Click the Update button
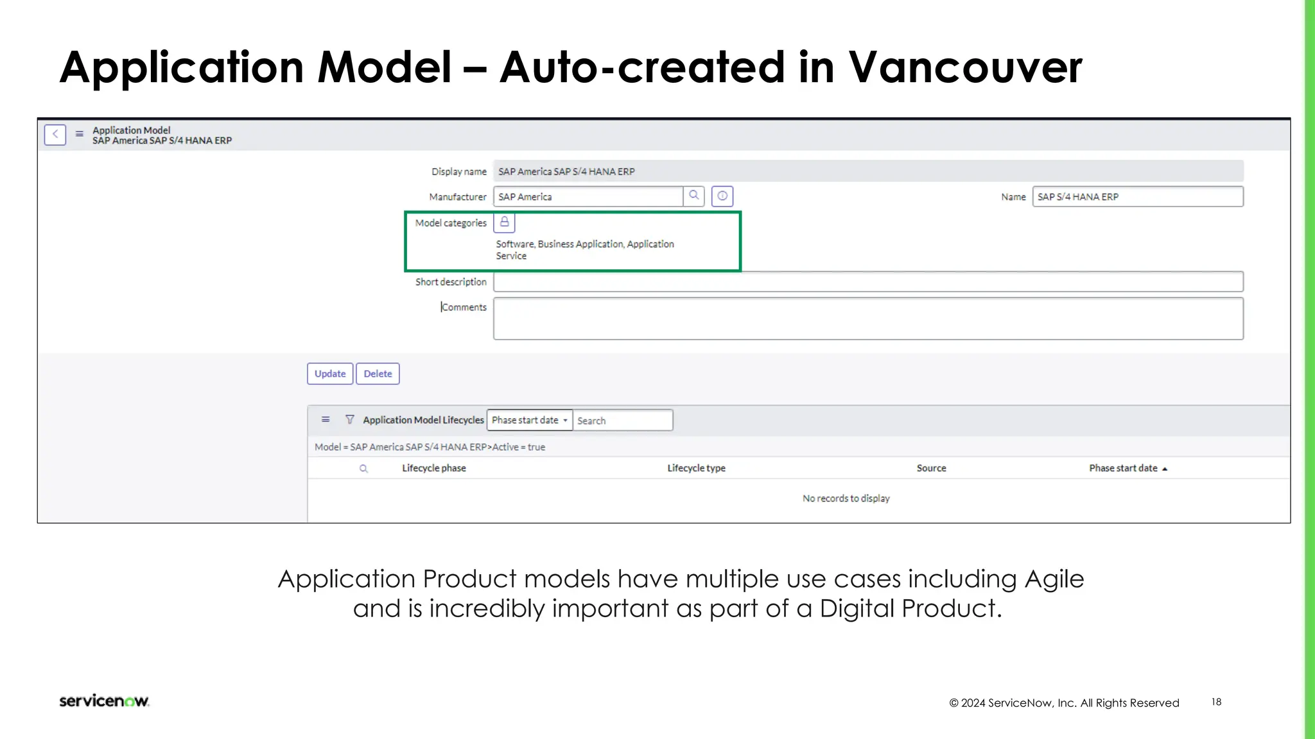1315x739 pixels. (x=330, y=374)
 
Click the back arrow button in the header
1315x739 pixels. (x=55, y=135)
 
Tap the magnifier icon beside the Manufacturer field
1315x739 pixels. (x=693, y=196)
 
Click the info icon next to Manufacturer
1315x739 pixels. (x=722, y=196)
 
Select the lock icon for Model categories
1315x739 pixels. (x=505, y=223)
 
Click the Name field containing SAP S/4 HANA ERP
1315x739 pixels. (x=1137, y=197)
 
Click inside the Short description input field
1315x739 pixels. (x=868, y=282)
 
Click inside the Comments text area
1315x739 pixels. (x=868, y=319)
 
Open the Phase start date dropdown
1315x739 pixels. (x=530, y=420)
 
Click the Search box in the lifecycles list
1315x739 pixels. (x=622, y=421)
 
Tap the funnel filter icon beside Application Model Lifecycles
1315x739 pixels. (x=350, y=420)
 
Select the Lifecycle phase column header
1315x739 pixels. (x=434, y=468)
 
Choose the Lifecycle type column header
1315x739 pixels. (x=696, y=468)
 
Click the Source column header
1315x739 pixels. (x=931, y=468)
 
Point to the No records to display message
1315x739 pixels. (x=846, y=498)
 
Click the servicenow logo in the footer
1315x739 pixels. (x=104, y=701)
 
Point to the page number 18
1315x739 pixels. (x=1216, y=702)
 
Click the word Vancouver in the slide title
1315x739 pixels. (x=965, y=67)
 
